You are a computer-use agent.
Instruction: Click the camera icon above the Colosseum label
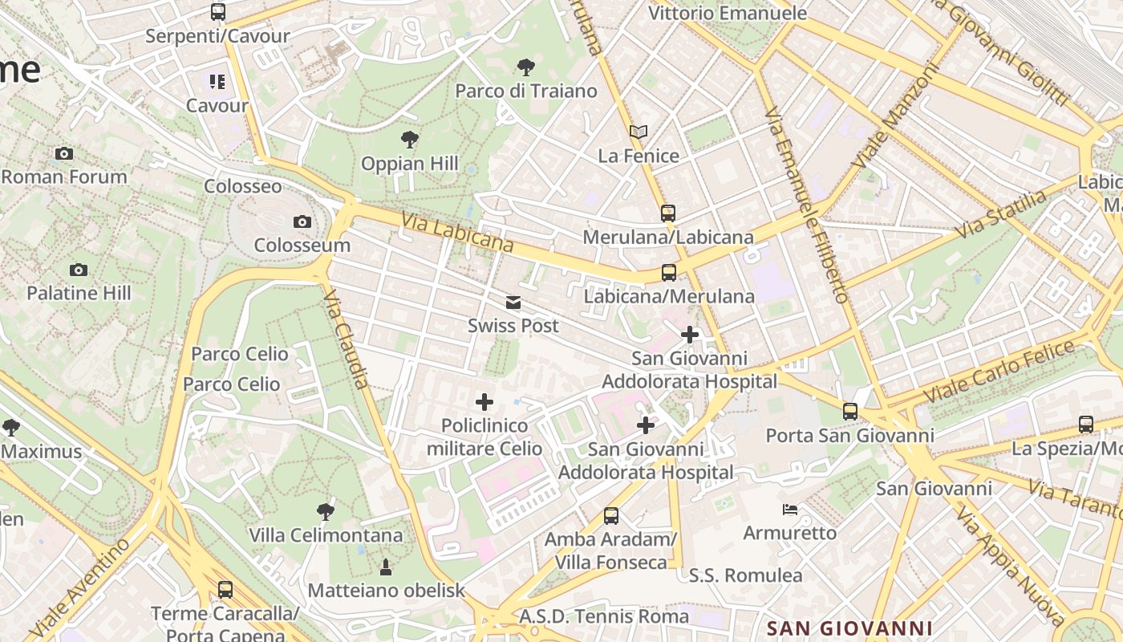pos(302,221)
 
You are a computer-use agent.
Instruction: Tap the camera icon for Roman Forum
pos(64,153)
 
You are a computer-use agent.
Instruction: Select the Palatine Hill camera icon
pos(79,270)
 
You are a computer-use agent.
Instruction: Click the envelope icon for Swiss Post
pos(513,303)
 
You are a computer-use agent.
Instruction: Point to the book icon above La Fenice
pos(639,132)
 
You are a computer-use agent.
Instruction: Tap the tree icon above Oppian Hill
pos(410,140)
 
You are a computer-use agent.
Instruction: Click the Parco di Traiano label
pos(526,91)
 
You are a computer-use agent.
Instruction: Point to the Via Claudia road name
pos(347,340)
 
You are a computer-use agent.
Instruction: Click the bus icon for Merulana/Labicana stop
pos(668,213)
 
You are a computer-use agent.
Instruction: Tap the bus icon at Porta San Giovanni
pos(850,412)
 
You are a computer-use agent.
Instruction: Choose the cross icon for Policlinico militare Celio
pos(484,401)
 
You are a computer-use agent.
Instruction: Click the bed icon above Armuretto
pos(790,510)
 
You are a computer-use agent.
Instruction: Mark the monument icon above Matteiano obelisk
pos(386,567)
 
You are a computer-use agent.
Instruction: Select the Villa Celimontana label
pos(326,535)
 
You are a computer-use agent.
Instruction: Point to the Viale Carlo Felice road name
pos(999,372)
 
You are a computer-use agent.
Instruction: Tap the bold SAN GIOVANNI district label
pos(849,628)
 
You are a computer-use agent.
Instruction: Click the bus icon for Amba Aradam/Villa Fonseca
pos(611,516)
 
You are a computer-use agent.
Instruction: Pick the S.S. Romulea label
pos(745,575)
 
